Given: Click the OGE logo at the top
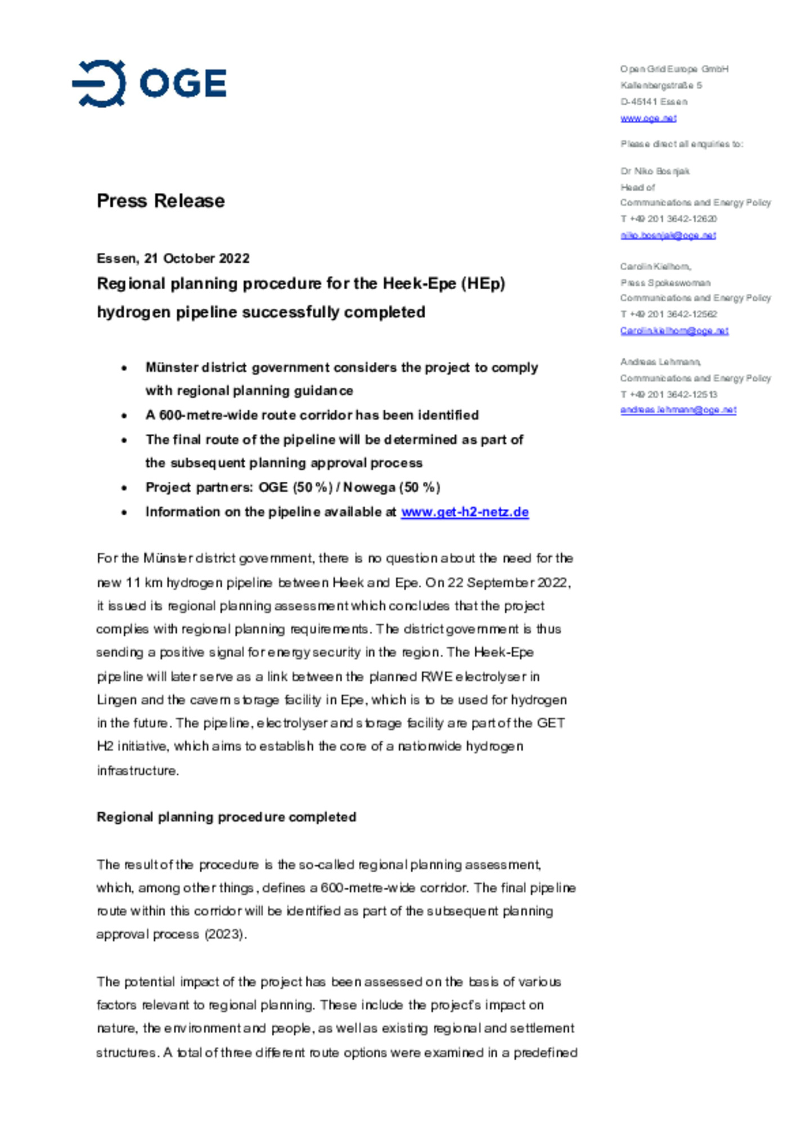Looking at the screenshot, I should coord(149,83).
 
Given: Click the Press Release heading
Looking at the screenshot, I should coord(160,200).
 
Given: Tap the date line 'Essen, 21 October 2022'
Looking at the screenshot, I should coord(173,258).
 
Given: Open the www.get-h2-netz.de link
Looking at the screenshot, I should coord(465,512).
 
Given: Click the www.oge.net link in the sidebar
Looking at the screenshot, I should coord(648,118).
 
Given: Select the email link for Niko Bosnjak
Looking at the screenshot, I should coord(668,235).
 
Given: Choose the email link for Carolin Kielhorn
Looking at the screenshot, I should coord(674,331).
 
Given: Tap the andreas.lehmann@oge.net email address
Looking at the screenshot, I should coord(678,410).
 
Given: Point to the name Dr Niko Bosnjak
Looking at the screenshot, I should coord(655,171).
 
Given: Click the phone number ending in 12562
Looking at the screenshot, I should coord(668,314).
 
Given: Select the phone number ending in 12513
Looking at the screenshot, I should coord(668,394).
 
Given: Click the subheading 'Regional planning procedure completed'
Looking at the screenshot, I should coord(226,817).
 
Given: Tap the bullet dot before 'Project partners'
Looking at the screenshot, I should coord(124,488).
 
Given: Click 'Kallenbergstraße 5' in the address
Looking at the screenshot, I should coord(661,86).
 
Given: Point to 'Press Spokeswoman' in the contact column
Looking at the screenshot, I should coord(665,283).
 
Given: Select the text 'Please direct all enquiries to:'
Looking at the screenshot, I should coord(681,144).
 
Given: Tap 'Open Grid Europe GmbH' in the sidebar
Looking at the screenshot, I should coord(674,69).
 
